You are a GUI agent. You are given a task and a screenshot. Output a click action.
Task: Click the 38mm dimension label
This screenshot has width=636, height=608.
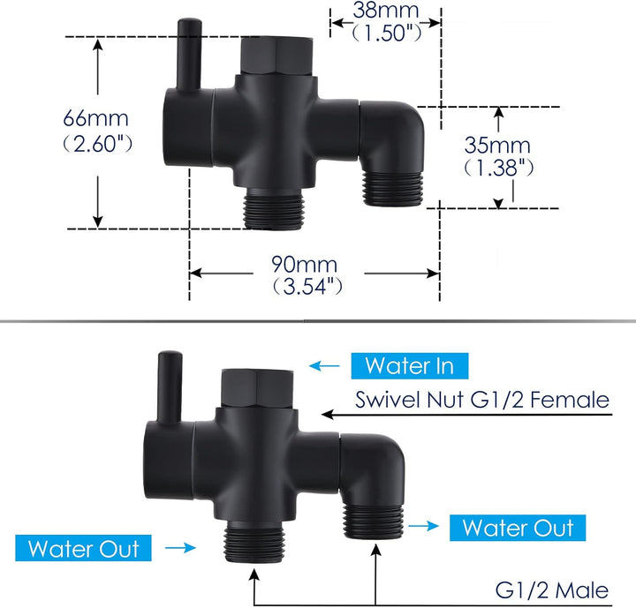[x=385, y=10]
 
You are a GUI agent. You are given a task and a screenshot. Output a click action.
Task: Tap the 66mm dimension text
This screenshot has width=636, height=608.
[x=95, y=118]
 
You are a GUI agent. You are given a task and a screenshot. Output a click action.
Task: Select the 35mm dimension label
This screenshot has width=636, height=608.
[x=497, y=145]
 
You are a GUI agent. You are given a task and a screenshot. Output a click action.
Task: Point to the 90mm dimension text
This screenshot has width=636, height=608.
[x=304, y=264]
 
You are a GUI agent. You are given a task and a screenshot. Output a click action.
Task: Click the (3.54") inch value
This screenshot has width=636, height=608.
[x=307, y=287]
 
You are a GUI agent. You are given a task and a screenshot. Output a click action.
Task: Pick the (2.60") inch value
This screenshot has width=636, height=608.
[x=98, y=143]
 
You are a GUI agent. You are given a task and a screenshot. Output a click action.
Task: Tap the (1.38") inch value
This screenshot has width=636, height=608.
[x=499, y=168]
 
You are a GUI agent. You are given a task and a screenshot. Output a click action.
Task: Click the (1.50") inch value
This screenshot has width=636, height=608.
[x=386, y=33]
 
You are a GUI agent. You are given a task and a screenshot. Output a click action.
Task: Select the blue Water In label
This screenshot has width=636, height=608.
[x=410, y=365]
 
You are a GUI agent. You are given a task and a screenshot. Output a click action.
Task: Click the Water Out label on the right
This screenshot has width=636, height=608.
[x=518, y=528]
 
